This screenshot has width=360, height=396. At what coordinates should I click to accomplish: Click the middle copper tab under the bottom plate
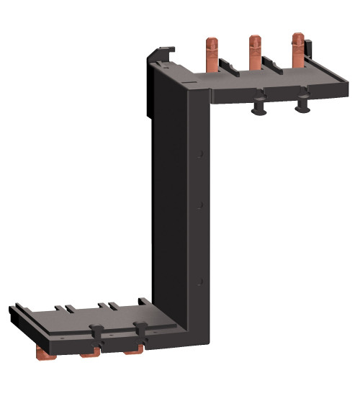[89, 354]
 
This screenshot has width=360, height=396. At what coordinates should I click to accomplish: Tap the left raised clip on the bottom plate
[94, 332]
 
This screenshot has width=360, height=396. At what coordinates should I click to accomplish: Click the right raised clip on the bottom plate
[141, 330]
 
